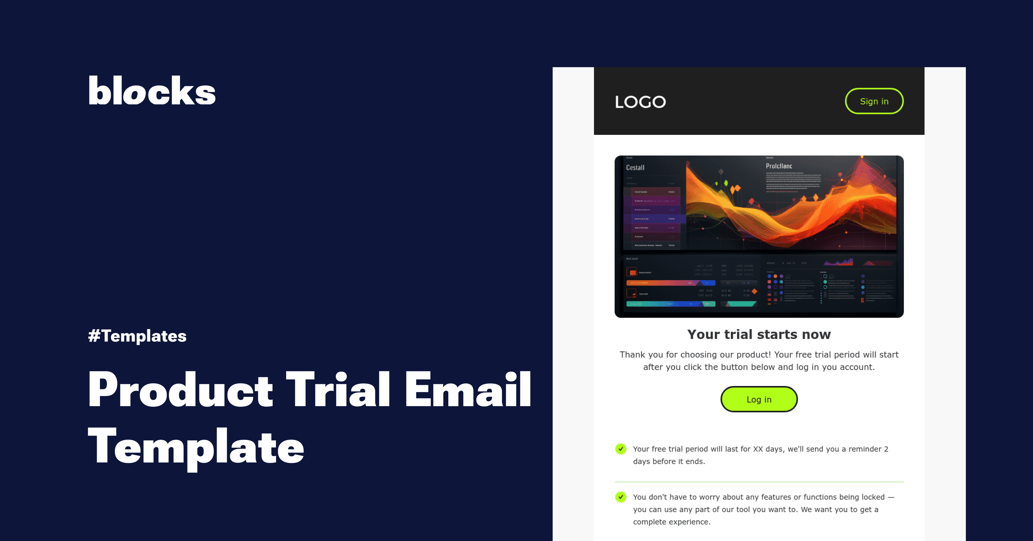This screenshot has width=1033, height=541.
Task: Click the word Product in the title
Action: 181,390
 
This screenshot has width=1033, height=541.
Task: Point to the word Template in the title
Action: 196,447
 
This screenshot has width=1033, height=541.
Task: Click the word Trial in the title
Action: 338,390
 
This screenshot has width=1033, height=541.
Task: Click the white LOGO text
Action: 640,102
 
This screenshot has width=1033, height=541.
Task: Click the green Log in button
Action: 759,399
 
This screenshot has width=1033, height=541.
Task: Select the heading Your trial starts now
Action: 759,335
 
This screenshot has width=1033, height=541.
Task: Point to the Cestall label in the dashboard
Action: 635,168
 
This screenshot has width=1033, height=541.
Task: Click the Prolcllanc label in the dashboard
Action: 779,166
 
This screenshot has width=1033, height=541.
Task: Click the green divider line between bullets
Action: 759,481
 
